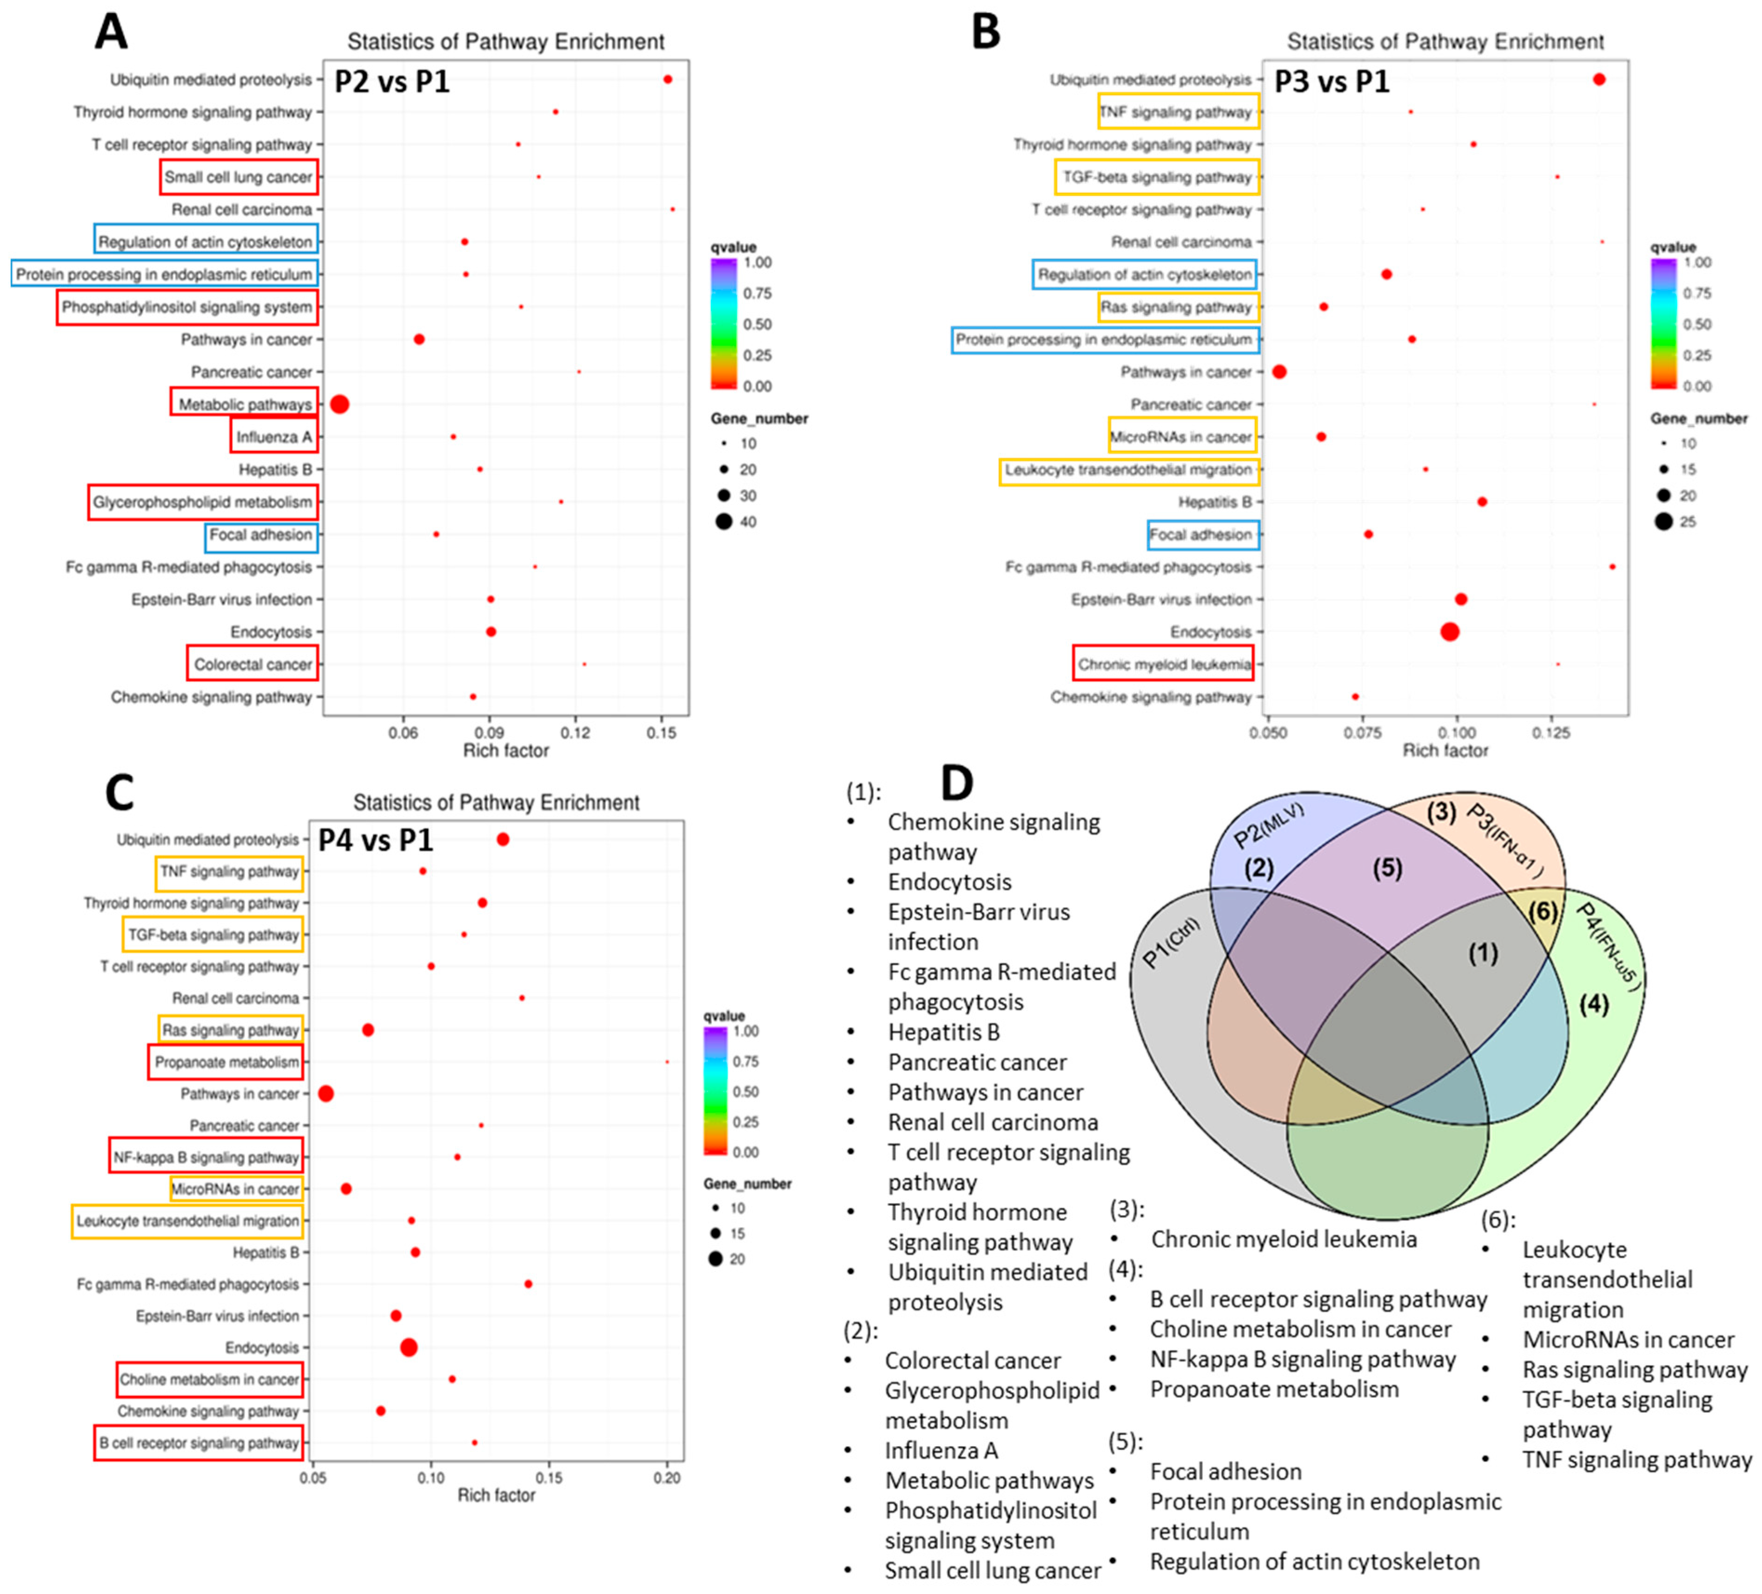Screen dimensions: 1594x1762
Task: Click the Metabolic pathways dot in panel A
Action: [340, 404]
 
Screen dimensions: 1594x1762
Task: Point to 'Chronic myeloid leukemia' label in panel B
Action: [1163, 664]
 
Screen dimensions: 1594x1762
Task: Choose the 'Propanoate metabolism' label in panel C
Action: [226, 1062]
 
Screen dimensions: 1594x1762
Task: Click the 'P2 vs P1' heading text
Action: [392, 81]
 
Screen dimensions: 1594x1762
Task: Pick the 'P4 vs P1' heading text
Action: [376, 840]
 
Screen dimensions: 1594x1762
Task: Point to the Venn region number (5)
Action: [1387, 868]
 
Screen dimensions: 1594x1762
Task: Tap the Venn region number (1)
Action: [1482, 952]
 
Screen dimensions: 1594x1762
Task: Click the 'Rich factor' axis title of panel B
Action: [1445, 750]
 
